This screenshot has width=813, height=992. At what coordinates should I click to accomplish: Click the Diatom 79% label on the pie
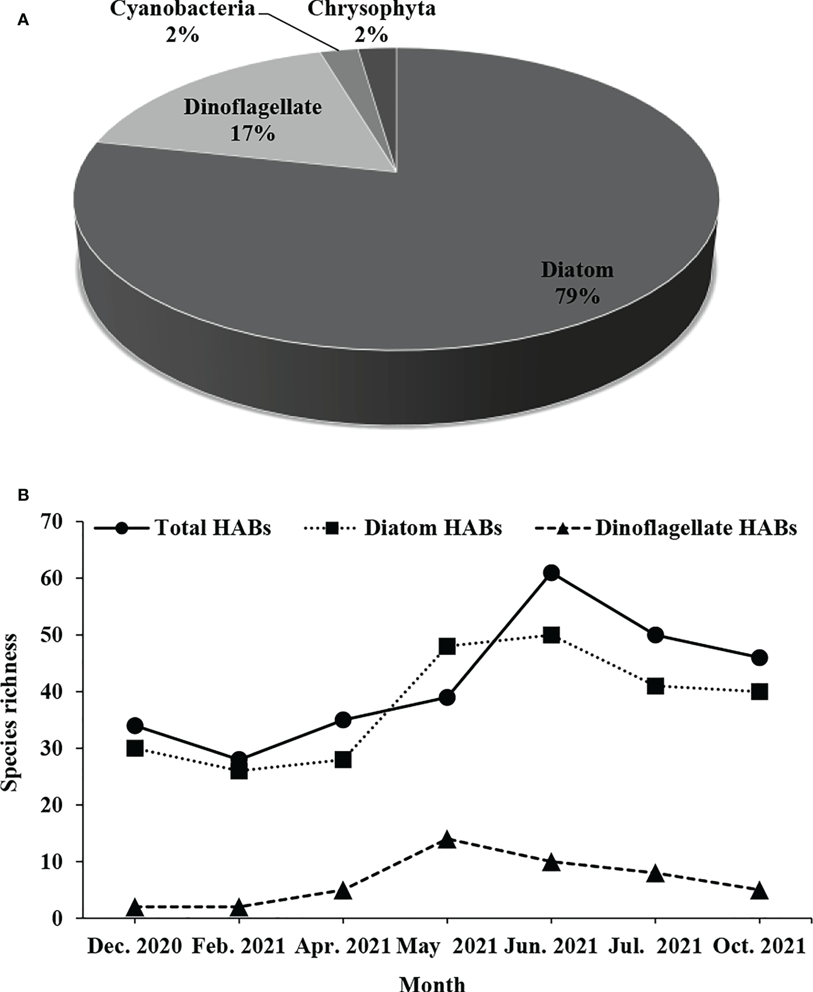coord(577,283)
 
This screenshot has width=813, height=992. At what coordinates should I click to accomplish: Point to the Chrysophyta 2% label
coord(371,22)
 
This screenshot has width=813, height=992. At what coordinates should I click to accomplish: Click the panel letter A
coord(23,21)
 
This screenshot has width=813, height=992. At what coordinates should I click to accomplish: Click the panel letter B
coord(23,495)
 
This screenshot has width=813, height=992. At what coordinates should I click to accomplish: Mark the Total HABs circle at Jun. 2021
coord(551,573)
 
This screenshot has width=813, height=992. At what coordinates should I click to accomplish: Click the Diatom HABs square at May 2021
coord(447,646)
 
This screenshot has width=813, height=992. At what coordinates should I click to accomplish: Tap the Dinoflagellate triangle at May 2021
coord(447,841)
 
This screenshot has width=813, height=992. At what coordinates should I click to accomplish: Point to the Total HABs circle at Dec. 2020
coord(135,726)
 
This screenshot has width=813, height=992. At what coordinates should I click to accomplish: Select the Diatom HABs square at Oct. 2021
coord(759,692)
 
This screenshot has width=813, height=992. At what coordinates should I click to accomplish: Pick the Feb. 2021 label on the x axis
coord(239,946)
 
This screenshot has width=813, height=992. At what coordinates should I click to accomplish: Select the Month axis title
coord(432,982)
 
